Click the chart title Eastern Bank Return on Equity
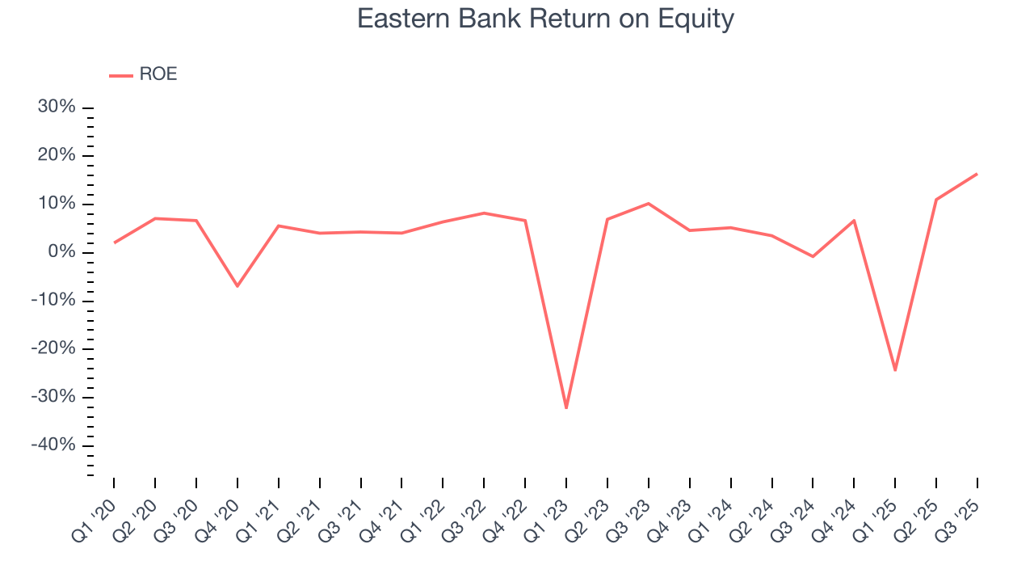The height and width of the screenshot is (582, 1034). (545, 19)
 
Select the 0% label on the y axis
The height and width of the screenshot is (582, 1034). (65, 252)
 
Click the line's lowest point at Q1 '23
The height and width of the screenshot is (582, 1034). (566, 407)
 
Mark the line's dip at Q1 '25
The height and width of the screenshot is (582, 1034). (895, 369)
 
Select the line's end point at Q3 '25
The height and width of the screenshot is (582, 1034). (977, 174)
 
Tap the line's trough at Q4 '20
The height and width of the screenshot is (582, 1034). (237, 285)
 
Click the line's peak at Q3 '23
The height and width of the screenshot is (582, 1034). (649, 204)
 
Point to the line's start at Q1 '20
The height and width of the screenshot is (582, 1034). (115, 242)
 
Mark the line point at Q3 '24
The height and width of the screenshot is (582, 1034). (813, 256)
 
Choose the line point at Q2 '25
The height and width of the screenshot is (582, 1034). (936, 200)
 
